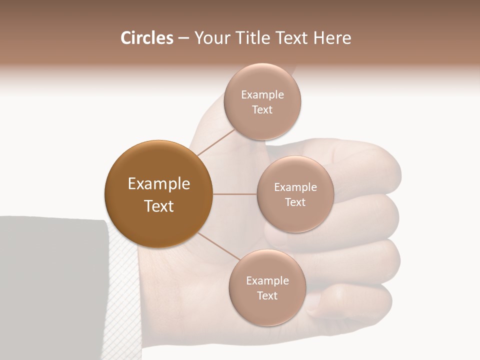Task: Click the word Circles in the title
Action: [146, 38]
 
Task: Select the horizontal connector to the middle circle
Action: [235, 194]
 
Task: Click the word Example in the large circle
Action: [159, 184]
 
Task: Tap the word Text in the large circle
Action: [159, 206]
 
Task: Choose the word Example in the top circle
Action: [262, 95]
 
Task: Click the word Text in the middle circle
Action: [295, 202]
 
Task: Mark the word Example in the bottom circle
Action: [267, 281]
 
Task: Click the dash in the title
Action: [183, 38]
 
